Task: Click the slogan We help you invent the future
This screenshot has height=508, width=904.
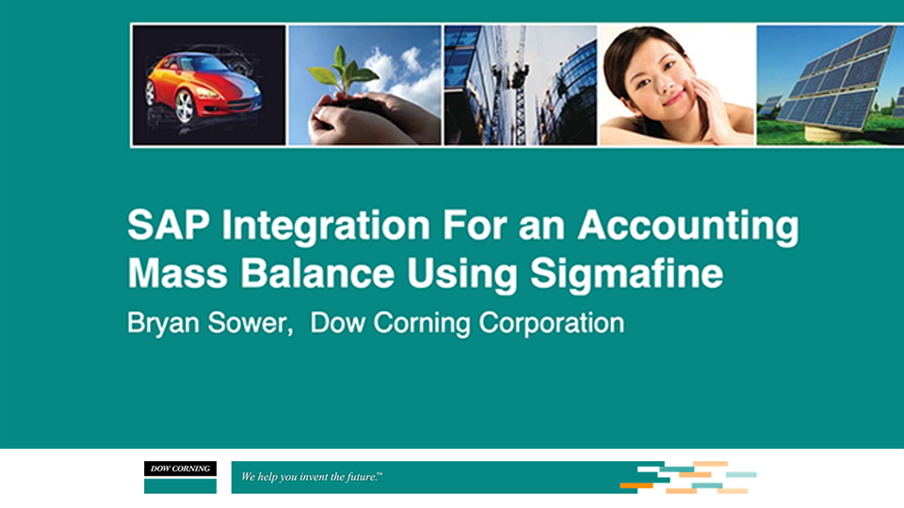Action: (x=312, y=478)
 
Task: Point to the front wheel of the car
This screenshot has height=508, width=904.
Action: (x=185, y=108)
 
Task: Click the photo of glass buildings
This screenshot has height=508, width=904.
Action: (x=520, y=85)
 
